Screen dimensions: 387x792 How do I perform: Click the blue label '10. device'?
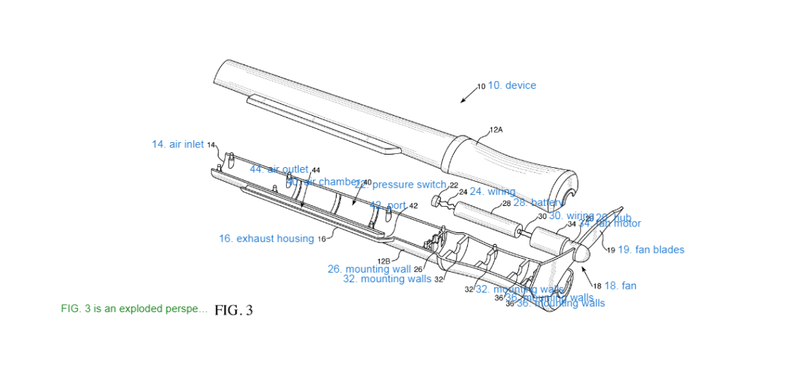(512, 86)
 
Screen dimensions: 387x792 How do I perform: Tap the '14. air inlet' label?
(178, 144)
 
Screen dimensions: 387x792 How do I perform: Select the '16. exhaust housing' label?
(266, 239)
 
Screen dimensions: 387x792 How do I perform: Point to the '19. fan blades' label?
(651, 250)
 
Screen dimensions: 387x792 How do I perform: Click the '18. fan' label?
(620, 286)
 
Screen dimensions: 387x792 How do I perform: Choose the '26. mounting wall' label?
(369, 269)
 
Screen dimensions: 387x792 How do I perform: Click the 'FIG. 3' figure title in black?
(233, 310)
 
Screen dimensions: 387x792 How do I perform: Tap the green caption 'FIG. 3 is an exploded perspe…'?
(134, 309)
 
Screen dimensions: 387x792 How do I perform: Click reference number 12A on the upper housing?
(496, 130)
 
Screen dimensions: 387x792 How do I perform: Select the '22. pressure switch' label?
(400, 185)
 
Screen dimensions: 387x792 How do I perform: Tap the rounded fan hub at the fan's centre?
(581, 254)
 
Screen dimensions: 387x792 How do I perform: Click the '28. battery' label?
(538, 202)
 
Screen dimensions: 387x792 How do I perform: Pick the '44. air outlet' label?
(279, 169)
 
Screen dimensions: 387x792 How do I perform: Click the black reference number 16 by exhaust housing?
(321, 239)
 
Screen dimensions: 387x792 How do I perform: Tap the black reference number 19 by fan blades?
(611, 250)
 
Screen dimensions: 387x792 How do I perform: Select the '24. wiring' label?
(492, 192)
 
